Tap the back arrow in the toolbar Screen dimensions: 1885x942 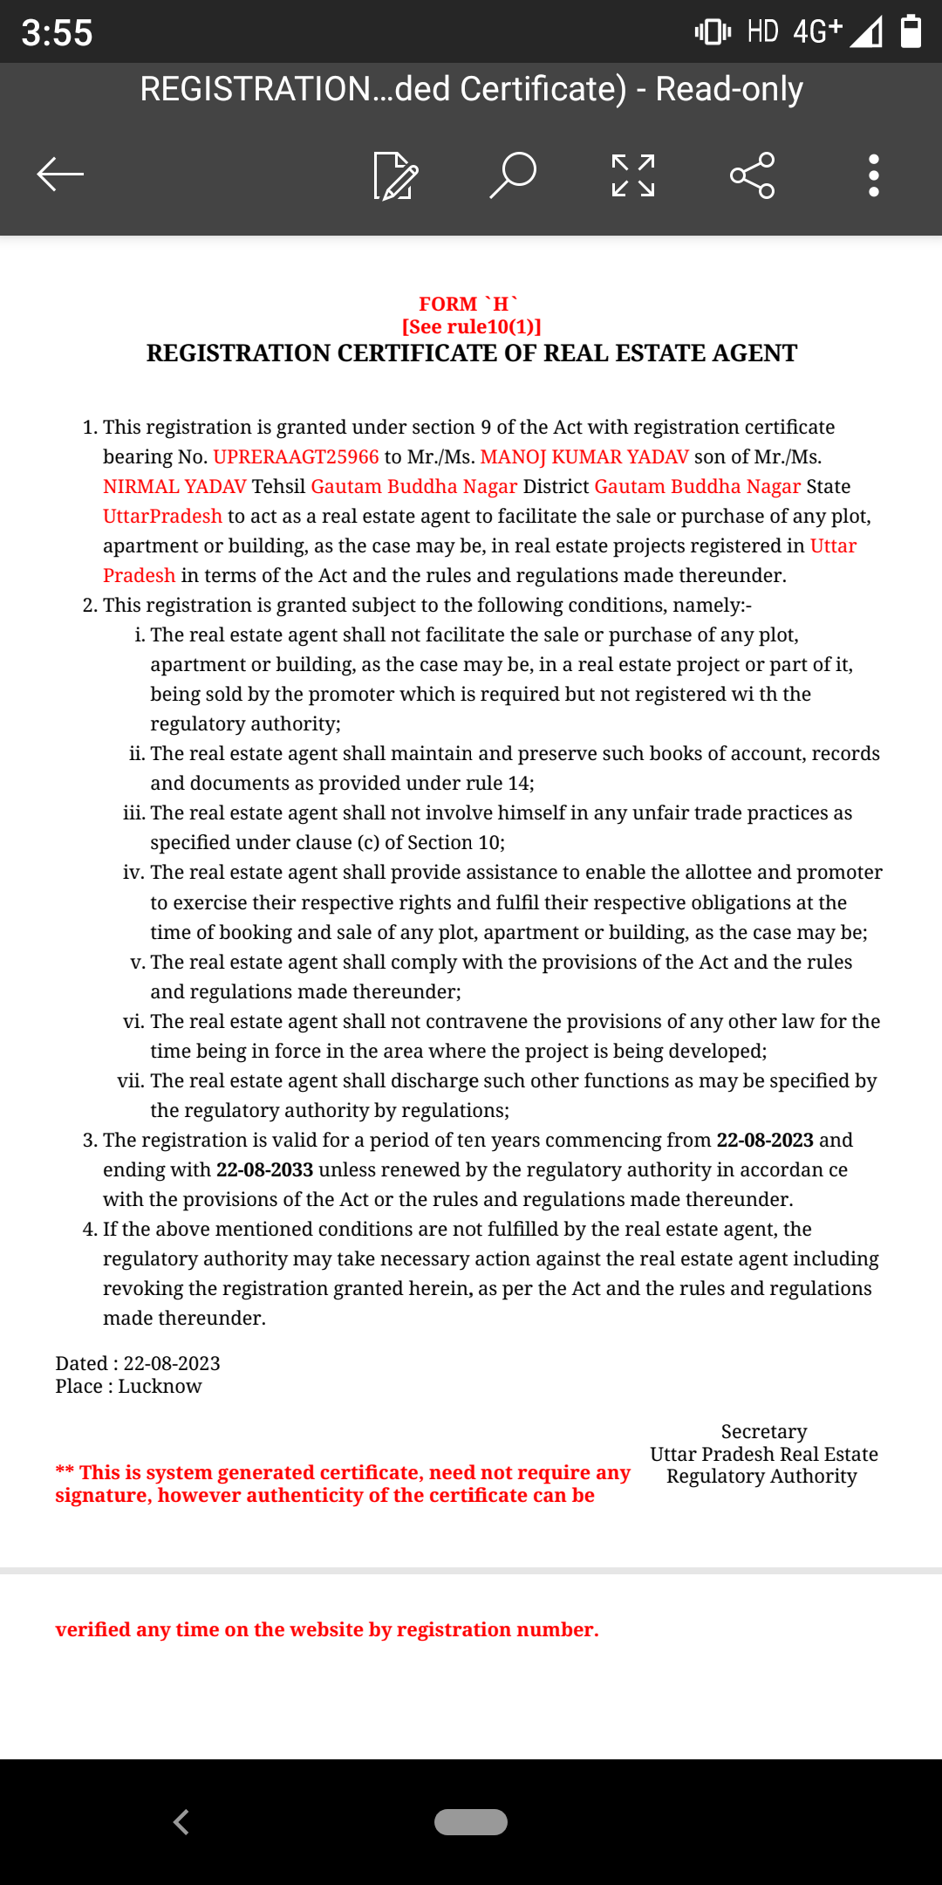(x=60, y=175)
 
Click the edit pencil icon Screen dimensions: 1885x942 (x=395, y=175)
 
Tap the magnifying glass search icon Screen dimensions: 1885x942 (x=513, y=175)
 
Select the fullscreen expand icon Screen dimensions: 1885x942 (x=633, y=175)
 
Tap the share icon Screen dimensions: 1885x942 (x=752, y=175)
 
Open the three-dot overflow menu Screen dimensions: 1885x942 (x=873, y=175)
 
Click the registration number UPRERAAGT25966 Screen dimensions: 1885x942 (x=296, y=457)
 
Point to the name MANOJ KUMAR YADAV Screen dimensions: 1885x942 (x=584, y=457)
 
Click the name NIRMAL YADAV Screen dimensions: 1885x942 (x=174, y=487)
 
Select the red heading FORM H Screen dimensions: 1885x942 (x=468, y=304)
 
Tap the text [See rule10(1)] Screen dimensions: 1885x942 (x=471, y=326)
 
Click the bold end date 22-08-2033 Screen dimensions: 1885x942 (x=264, y=1170)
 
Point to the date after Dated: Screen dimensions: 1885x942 (x=172, y=1363)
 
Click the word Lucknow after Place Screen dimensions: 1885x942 (x=160, y=1387)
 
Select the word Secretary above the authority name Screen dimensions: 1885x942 (x=763, y=1432)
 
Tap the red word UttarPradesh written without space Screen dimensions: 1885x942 (x=162, y=517)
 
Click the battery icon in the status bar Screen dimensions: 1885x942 (x=911, y=31)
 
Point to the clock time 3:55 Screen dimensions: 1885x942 (x=57, y=33)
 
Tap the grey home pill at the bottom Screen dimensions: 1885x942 (x=471, y=1822)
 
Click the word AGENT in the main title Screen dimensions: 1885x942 (x=754, y=353)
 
